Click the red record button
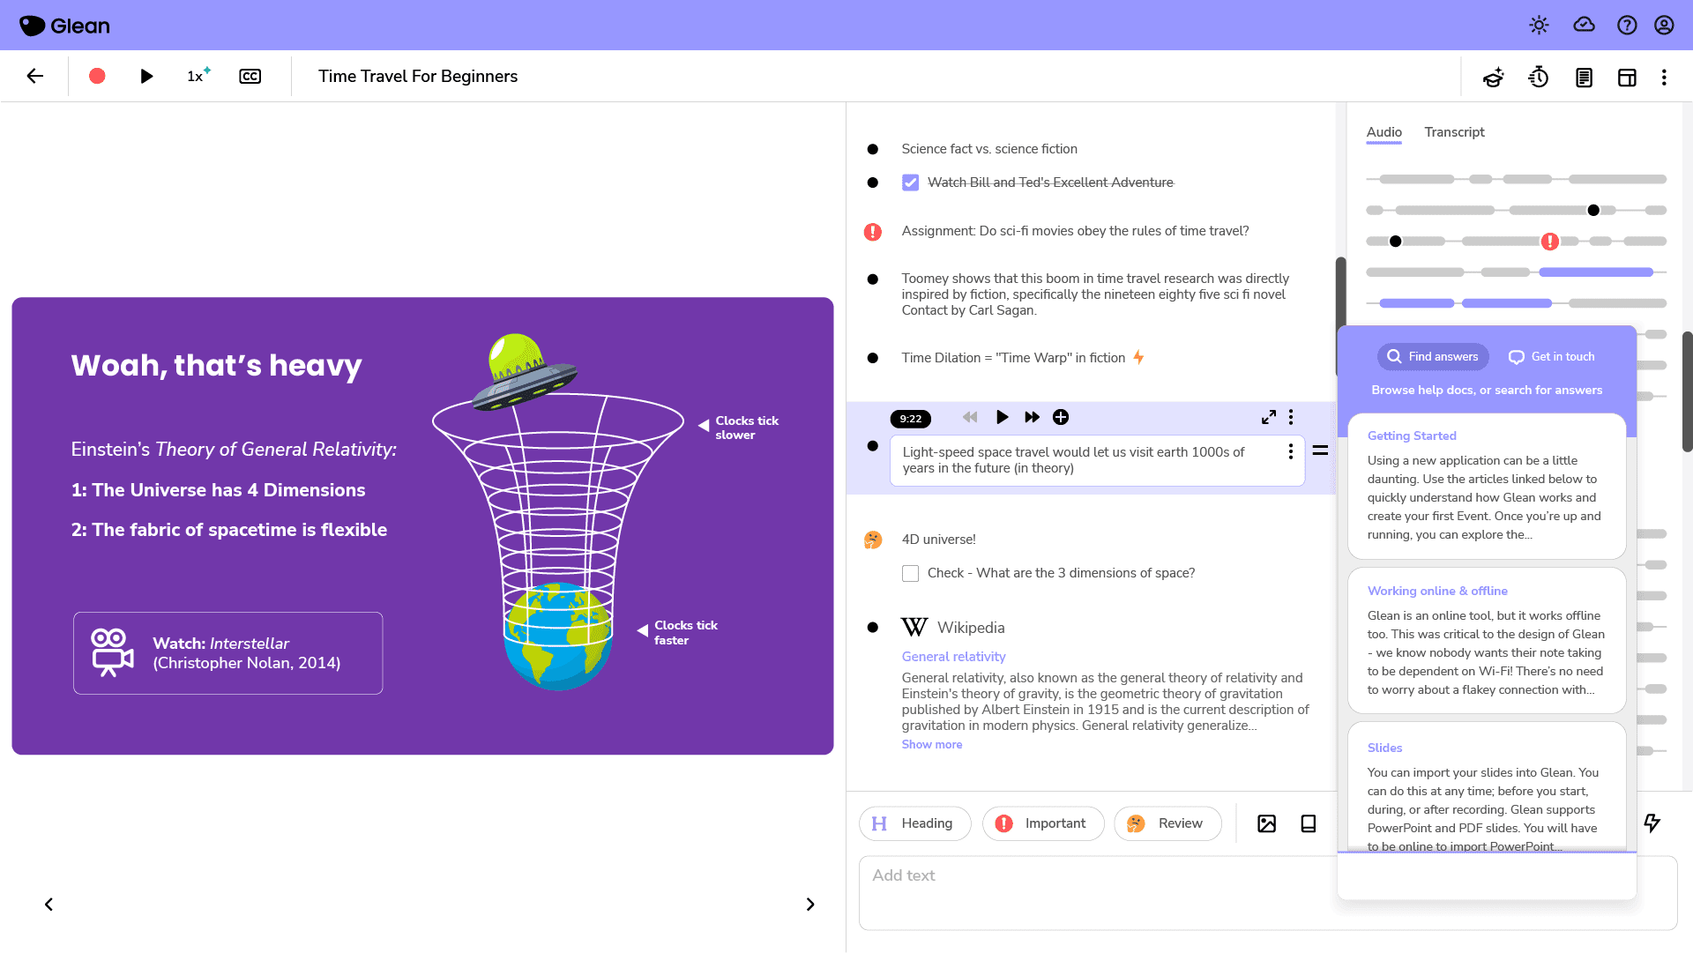(x=97, y=77)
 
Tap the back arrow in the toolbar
(x=35, y=77)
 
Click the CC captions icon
(x=250, y=77)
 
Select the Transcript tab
(x=1454, y=132)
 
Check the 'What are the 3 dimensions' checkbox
(x=911, y=574)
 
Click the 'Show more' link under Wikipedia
(x=932, y=745)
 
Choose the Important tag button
(x=1043, y=823)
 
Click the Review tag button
(x=1167, y=823)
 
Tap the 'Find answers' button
(x=1433, y=357)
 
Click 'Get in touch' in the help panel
(x=1552, y=357)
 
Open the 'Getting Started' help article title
(x=1412, y=436)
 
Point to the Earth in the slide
(x=557, y=637)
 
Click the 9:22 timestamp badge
(x=911, y=419)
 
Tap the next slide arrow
(x=810, y=905)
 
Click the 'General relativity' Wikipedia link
(x=953, y=657)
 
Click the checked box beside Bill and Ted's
(x=911, y=183)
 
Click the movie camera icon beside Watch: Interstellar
(x=112, y=653)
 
